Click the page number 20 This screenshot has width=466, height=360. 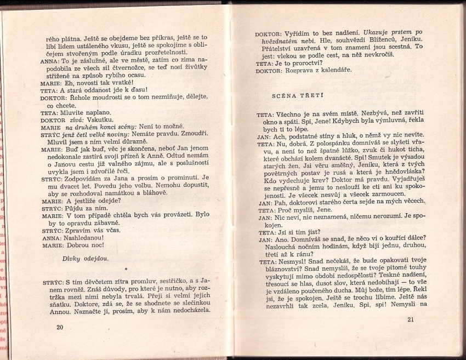tap(60, 327)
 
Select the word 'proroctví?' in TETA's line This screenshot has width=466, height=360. tap(301, 63)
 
